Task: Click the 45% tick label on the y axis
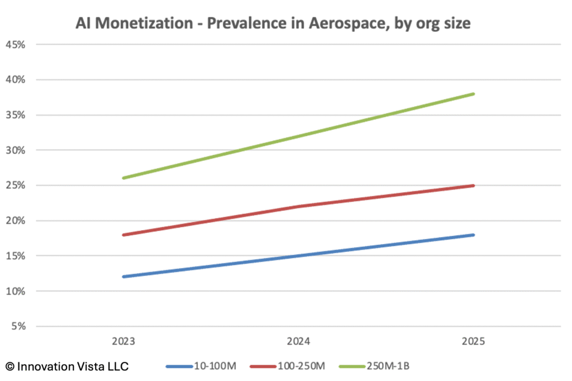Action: coord(15,44)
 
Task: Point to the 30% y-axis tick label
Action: coord(15,150)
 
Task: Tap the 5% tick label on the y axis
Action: coord(17,327)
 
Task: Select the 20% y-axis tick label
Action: coord(15,221)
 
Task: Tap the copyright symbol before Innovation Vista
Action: coord(10,366)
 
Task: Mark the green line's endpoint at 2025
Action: coord(474,94)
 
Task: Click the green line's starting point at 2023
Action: coord(123,178)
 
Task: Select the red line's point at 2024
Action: coord(299,207)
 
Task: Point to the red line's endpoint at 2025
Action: coord(474,185)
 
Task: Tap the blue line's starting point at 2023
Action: coord(123,277)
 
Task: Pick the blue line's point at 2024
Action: coord(299,256)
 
